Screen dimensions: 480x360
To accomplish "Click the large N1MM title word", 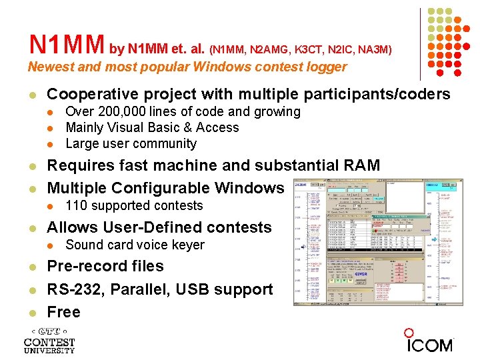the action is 67,45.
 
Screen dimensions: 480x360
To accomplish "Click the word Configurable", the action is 165,187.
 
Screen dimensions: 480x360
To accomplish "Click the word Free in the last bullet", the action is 63,312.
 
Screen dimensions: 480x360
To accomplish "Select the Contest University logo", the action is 49,341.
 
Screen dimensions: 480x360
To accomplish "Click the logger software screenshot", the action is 377,242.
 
